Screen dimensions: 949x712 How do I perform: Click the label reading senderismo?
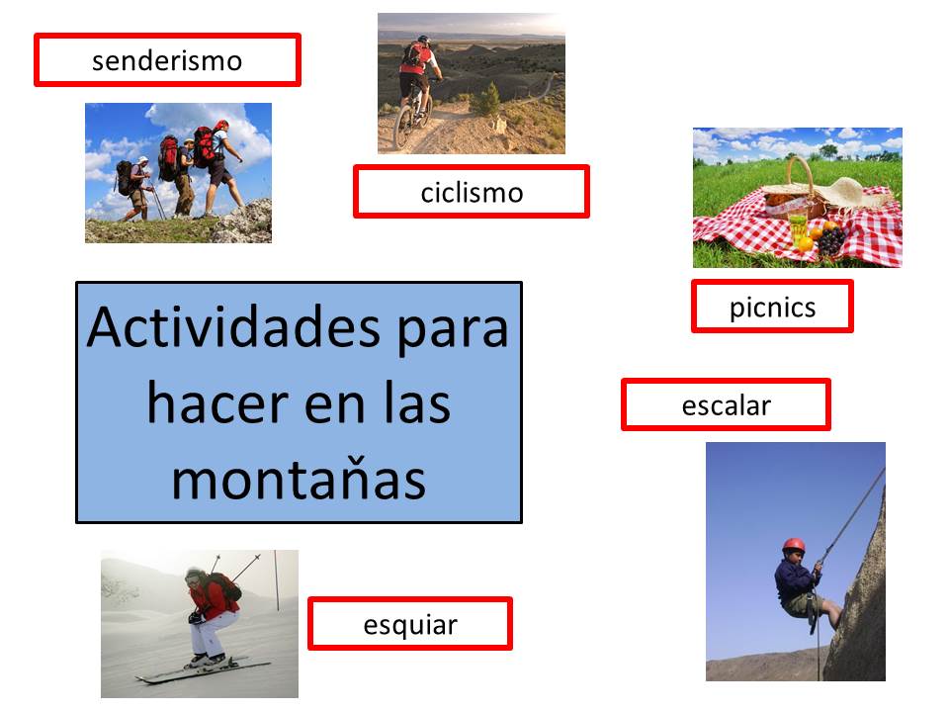point(167,60)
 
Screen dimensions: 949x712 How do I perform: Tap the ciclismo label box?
point(471,191)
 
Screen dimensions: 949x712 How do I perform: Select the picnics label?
point(772,307)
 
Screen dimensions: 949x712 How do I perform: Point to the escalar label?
point(726,405)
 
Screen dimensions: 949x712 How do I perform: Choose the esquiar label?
point(409,624)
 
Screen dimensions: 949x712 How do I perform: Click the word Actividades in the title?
point(233,327)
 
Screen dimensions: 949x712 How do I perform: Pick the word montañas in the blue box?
point(299,481)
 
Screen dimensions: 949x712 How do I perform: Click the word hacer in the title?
point(217,403)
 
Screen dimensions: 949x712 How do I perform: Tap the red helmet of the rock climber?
point(794,545)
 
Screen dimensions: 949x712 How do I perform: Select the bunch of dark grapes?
point(831,241)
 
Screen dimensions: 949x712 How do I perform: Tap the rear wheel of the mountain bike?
point(403,129)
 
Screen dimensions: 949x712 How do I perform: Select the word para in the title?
point(452,330)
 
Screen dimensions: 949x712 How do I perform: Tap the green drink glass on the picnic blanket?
point(799,228)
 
